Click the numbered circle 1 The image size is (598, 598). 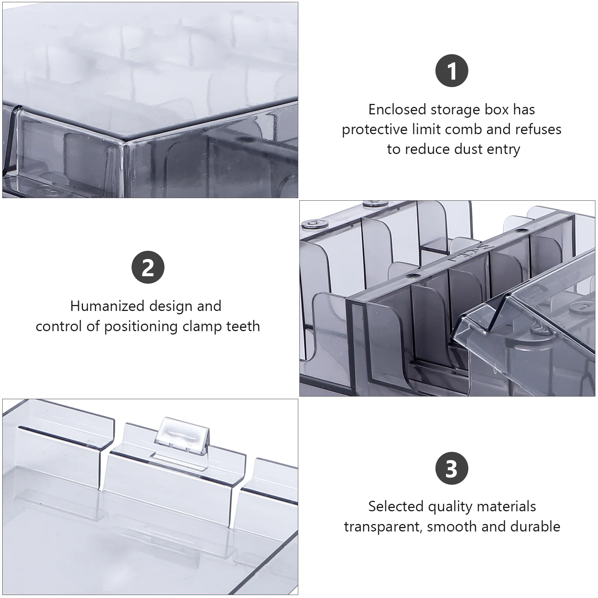pyautogui.click(x=452, y=71)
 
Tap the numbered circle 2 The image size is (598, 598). pyautogui.click(x=148, y=268)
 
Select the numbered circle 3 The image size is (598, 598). pyautogui.click(x=452, y=469)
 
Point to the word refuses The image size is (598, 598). pyautogui.click(x=538, y=129)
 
